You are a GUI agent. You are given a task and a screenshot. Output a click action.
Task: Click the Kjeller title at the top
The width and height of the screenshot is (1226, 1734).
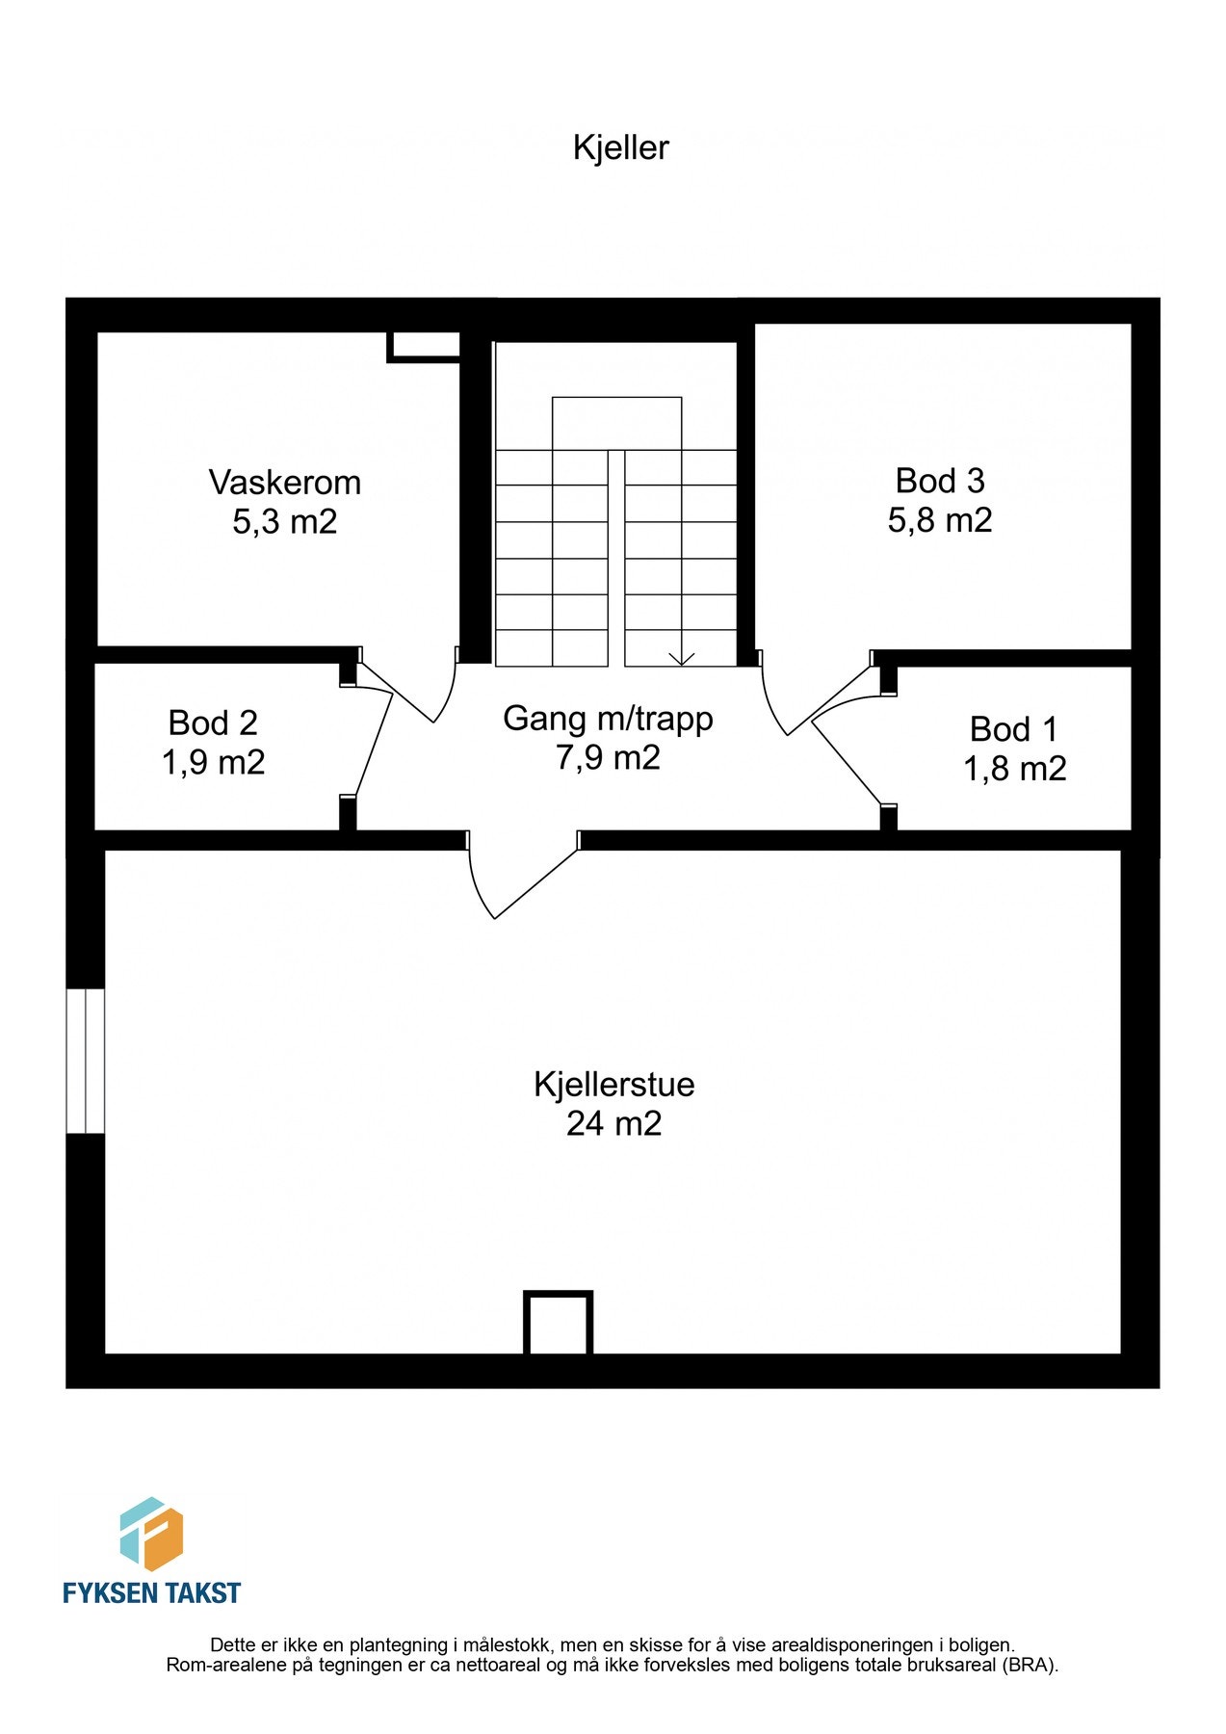tap(620, 147)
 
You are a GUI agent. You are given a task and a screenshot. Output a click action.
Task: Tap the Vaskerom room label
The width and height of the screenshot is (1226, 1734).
tap(285, 482)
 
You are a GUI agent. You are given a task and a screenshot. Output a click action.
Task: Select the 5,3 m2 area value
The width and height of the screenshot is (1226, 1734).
tap(285, 522)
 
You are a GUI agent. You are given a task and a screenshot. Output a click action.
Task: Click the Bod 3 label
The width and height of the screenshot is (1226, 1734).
tap(940, 480)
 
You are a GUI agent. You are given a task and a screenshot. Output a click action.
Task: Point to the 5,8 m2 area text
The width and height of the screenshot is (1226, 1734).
tap(940, 520)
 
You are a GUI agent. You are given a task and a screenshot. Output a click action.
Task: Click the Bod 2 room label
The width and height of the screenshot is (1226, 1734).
tap(213, 722)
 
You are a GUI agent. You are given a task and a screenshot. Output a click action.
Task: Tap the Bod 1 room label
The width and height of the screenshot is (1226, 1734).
tap(1013, 729)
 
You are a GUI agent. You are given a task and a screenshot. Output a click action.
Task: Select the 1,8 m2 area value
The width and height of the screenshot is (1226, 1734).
tap(1014, 769)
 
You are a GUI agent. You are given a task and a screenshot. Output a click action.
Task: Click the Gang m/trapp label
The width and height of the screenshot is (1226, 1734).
tap(608, 719)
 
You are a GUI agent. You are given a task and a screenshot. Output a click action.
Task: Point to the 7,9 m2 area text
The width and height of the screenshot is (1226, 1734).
tap(608, 758)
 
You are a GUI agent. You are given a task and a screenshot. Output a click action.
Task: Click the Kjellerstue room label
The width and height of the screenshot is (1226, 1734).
tap(613, 1084)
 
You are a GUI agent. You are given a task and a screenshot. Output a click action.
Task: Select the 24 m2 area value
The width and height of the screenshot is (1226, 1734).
tap(613, 1124)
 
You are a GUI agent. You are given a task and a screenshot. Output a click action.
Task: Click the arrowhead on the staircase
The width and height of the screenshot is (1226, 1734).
tap(682, 659)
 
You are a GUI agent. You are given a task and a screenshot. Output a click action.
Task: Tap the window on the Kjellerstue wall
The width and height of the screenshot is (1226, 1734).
tap(85, 1060)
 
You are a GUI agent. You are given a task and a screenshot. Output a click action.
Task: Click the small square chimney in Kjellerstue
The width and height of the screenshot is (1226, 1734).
tap(558, 1323)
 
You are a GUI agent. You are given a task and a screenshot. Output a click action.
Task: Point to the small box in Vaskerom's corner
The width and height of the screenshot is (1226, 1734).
tap(424, 346)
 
